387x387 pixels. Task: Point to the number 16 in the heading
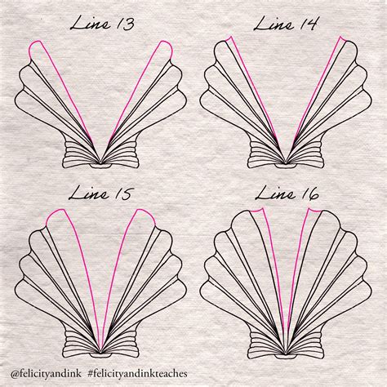click(x=309, y=193)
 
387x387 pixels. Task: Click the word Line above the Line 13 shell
click(x=90, y=23)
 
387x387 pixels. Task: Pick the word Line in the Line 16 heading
click(x=275, y=193)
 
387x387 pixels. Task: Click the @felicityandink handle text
click(x=46, y=373)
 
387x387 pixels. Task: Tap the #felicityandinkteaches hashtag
click(x=138, y=373)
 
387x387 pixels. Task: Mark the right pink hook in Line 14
click(x=341, y=38)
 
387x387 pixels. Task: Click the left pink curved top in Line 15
click(x=56, y=215)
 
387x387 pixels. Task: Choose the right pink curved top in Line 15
click(x=145, y=215)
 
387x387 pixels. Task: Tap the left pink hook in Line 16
click(x=257, y=210)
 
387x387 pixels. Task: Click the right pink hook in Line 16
click(x=314, y=210)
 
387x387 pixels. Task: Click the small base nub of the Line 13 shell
click(x=100, y=166)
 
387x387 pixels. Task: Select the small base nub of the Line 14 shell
click(x=286, y=166)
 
